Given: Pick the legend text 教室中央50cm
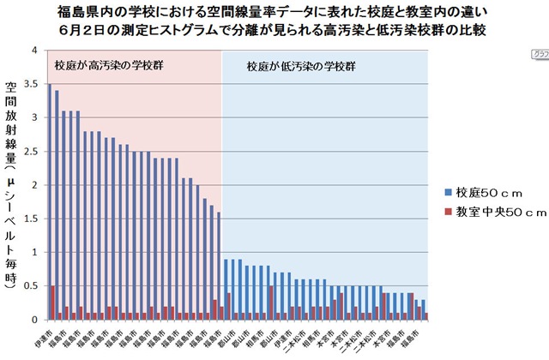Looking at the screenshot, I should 498,211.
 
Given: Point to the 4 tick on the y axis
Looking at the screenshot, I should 33,51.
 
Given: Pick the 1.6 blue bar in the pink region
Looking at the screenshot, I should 219,266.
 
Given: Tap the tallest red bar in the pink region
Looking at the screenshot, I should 52,303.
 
